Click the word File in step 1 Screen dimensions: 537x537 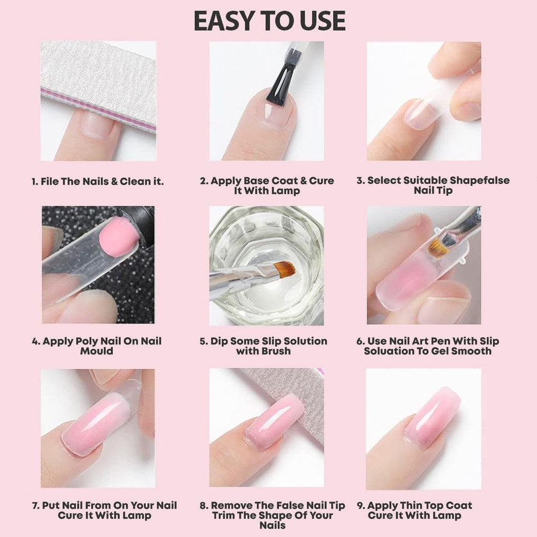tap(49, 181)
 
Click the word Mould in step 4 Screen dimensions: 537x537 tap(96, 351)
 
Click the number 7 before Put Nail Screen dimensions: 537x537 tap(35, 506)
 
